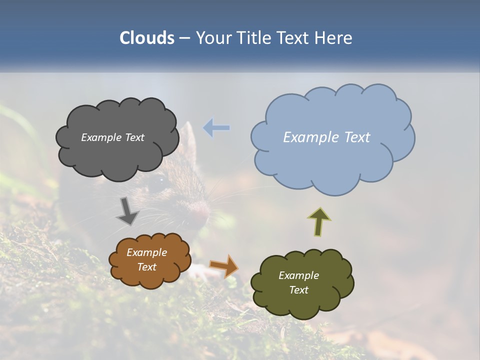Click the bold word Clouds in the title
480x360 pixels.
(x=146, y=38)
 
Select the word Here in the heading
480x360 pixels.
(x=334, y=38)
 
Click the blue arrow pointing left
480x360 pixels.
(x=216, y=128)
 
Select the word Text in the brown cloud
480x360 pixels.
(x=147, y=267)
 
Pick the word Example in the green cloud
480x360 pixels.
(x=298, y=275)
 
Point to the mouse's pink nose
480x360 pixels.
(x=201, y=212)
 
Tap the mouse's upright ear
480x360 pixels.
(x=188, y=137)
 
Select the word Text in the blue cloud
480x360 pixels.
(x=356, y=137)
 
